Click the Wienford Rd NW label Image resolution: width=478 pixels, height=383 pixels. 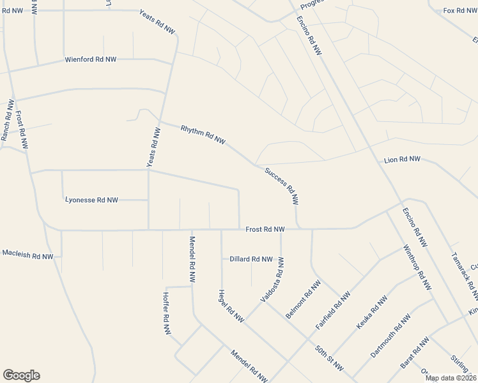pyautogui.click(x=90, y=59)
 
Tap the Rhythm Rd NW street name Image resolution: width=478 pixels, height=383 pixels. pyautogui.click(x=203, y=134)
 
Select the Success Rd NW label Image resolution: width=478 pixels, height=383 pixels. pyautogui.click(x=282, y=186)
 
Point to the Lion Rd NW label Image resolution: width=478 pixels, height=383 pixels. pyautogui.click(x=402, y=159)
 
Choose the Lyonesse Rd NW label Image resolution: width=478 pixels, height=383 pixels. pyautogui.click(x=91, y=200)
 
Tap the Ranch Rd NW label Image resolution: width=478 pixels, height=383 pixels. pyautogui.click(x=8, y=121)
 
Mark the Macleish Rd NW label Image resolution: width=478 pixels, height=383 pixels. pyautogui.click(x=27, y=255)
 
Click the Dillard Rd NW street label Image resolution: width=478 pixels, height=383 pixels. pyautogui.click(x=251, y=259)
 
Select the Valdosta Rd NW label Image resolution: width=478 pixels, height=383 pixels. pyautogui.click(x=272, y=280)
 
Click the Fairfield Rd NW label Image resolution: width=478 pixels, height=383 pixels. pyautogui.click(x=333, y=311)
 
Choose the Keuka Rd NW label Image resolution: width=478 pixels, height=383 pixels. pyautogui.click(x=372, y=312)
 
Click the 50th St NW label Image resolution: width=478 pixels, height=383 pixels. pyautogui.click(x=329, y=359)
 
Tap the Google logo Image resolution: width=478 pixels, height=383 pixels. pyautogui.click(x=21, y=375)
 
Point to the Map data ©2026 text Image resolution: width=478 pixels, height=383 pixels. pyautogui.click(x=450, y=378)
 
